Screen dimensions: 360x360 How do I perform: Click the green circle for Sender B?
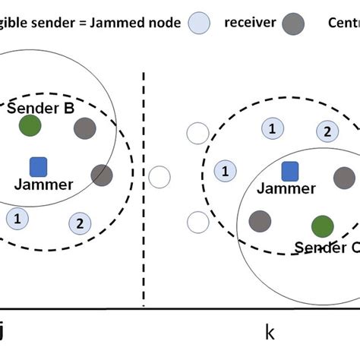tap(30, 125)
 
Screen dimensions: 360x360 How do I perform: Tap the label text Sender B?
tap(40, 107)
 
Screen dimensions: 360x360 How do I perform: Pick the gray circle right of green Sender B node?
tap(84, 128)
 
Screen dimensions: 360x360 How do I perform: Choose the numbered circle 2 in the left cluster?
tap(77, 223)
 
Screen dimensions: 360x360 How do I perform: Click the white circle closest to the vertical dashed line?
tap(159, 178)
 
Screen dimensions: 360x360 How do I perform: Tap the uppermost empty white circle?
tap(197, 134)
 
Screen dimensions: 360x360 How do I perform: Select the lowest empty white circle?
tap(197, 223)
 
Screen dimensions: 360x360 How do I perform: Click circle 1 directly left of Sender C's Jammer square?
tap(225, 171)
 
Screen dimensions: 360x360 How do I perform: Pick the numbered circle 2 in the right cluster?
tap(327, 131)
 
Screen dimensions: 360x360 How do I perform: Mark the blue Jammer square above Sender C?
tap(289, 172)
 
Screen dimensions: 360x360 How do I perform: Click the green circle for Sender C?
tap(322, 226)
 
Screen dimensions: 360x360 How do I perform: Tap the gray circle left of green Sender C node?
tap(261, 220)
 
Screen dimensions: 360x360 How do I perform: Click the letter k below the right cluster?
tap(269, 332)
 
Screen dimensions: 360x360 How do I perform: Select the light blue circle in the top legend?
tap(199, 22)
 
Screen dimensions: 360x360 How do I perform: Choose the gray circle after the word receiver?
tap(293, 22)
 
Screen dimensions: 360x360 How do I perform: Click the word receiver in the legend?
tap(249, 22)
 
